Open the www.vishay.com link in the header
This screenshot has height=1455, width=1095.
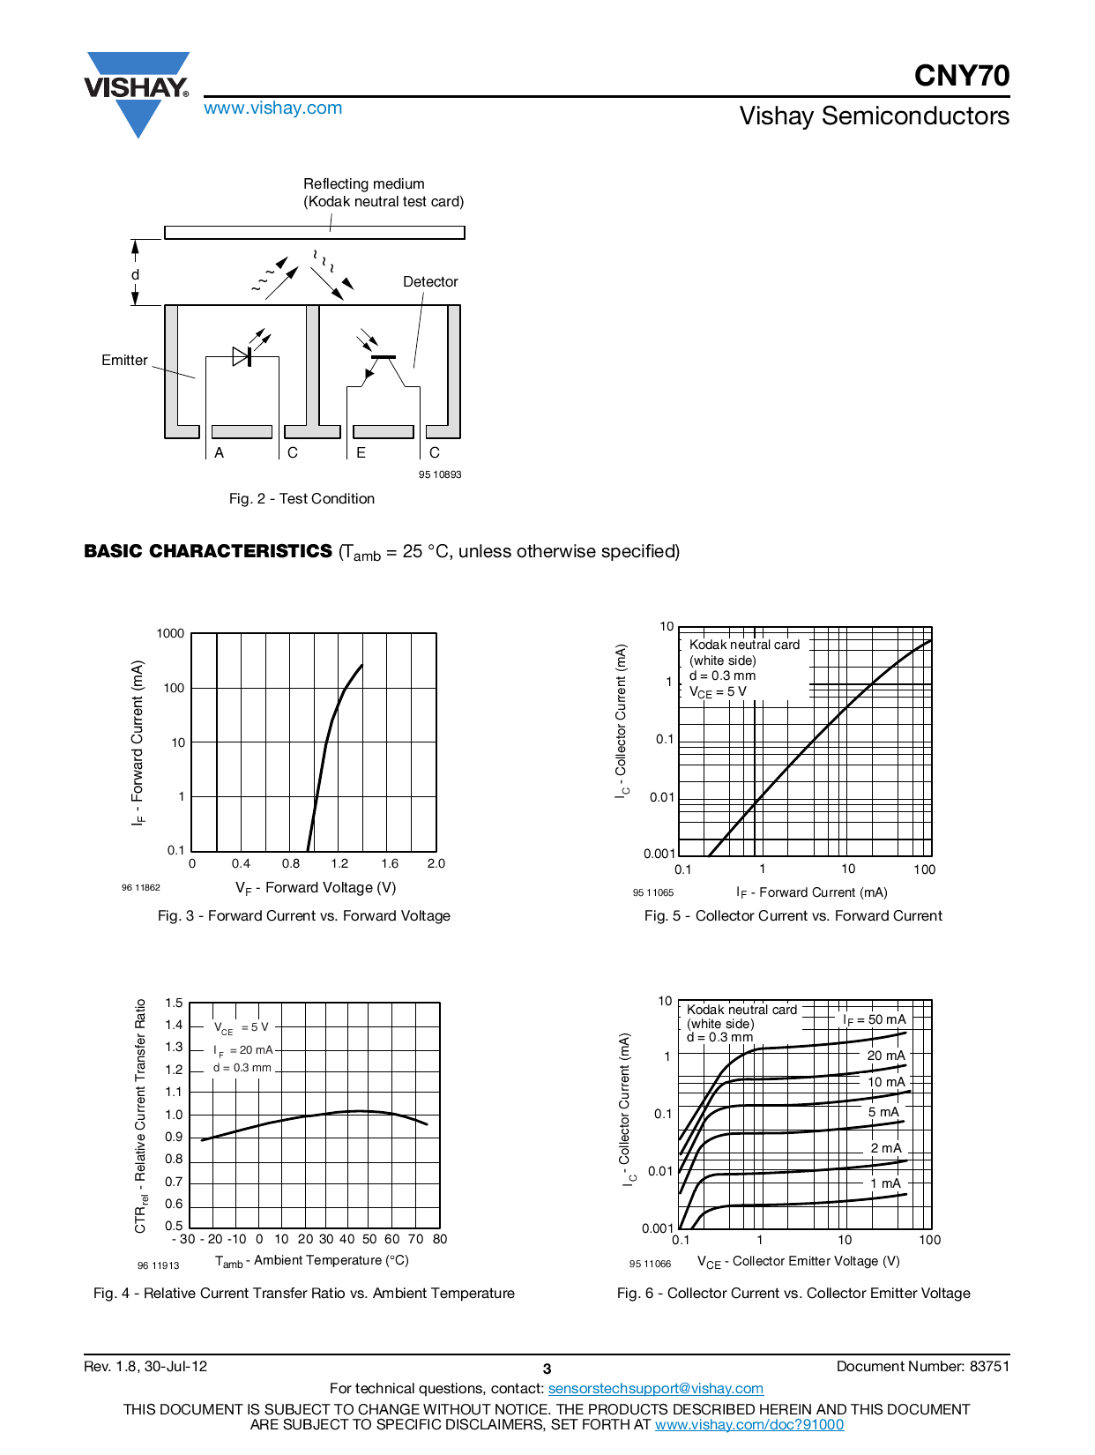tap(272, 108)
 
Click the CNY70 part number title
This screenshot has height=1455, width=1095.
tap(961, 76)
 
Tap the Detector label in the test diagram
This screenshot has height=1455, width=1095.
tap(430, 282)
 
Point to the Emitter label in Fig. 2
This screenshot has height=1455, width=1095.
tap(124, 360)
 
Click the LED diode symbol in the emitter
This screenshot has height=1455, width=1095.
tap(242, 356)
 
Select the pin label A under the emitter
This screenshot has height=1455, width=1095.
tap(220, 453)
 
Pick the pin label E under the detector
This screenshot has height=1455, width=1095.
tap(361, 453)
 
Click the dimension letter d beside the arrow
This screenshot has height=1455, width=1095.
tap(135, 275)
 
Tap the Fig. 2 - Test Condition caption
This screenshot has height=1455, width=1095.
tap(302, 499)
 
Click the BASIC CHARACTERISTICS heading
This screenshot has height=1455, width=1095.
tap(208, 551)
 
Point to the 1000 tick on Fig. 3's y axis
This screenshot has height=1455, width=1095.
tap(170, 633)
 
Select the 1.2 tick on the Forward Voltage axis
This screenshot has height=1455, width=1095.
tap(339, 864)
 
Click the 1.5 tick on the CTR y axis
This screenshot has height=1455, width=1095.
tap(174, 1004)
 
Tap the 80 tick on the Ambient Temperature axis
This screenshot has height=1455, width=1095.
tap(440, 1239)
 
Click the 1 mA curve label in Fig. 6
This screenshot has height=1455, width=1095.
tap(885, 1183)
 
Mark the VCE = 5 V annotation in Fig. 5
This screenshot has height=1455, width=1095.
tap(718, 692)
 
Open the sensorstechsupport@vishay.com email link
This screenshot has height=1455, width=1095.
tap(655, 1389)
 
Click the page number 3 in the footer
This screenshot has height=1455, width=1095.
tap(547, 1369)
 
